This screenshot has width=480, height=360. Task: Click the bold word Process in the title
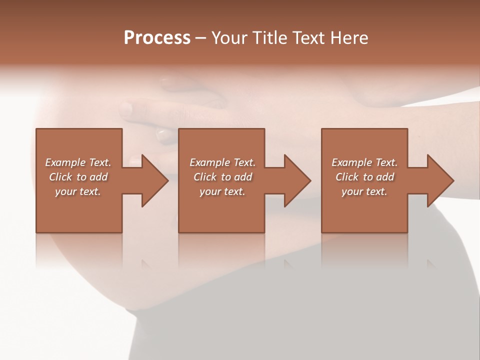[157, 38]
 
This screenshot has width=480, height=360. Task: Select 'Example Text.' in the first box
[78, 162]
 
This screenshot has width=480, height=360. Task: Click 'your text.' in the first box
[78, 191]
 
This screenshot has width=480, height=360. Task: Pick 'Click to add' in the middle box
[222, 177]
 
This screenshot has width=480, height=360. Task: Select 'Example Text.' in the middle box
[222, 162]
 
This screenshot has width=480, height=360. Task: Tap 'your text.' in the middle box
[222, 191]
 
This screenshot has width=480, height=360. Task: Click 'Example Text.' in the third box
[364, 162]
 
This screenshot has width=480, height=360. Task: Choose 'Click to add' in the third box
[364, 177]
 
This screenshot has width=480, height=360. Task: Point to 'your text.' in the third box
[364, 191]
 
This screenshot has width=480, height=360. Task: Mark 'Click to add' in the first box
[78, 177]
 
